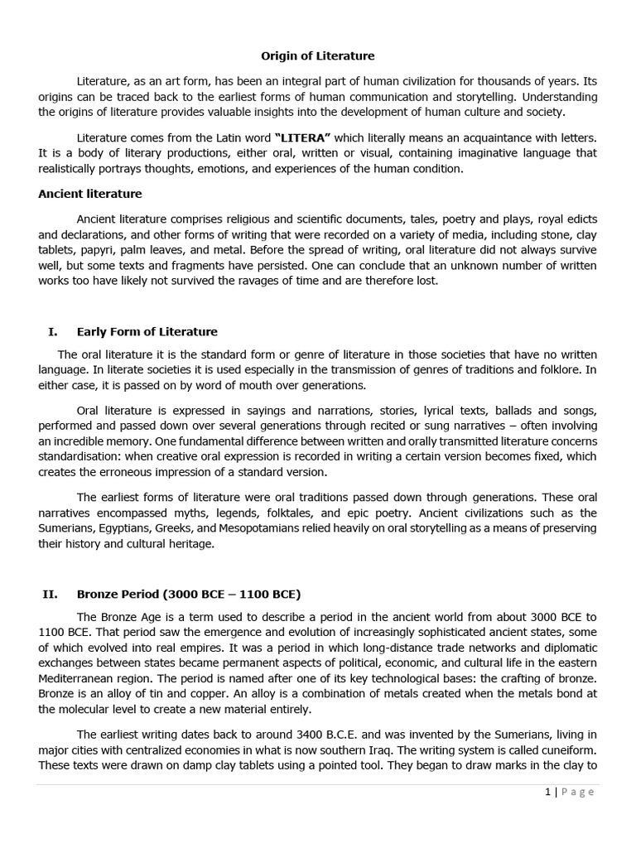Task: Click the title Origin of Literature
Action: click(x=318, y=56)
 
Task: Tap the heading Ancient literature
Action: click(x=90, y=194)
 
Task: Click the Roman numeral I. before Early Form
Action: click(x=53, y=332)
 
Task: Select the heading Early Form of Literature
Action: click(x=147, y=332)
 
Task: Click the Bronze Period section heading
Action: click(x=189, y=594)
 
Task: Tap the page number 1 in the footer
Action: click(x=547, y=792)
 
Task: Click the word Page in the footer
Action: click(x=578, y=792)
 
